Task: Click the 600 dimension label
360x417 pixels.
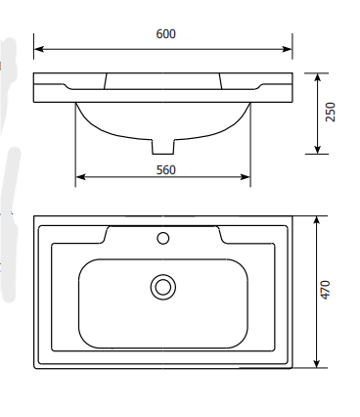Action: click(x=166, y=34)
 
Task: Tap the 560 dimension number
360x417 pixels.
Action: click(x=166, y=170)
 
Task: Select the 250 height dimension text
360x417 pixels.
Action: click(x=331, y=112)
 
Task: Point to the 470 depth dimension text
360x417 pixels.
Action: click(x=325, y=290)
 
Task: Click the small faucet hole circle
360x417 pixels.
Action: click(x=163, y=238)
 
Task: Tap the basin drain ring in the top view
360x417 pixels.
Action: click(x=163, y=287)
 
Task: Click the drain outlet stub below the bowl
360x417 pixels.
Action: click(x=163, y=147)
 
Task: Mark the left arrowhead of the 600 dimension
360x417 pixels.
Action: click(x=38, y=49)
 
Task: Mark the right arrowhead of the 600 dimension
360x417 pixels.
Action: click(x=288, y=49)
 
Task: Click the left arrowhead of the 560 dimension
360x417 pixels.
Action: click(x=80, y=177)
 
